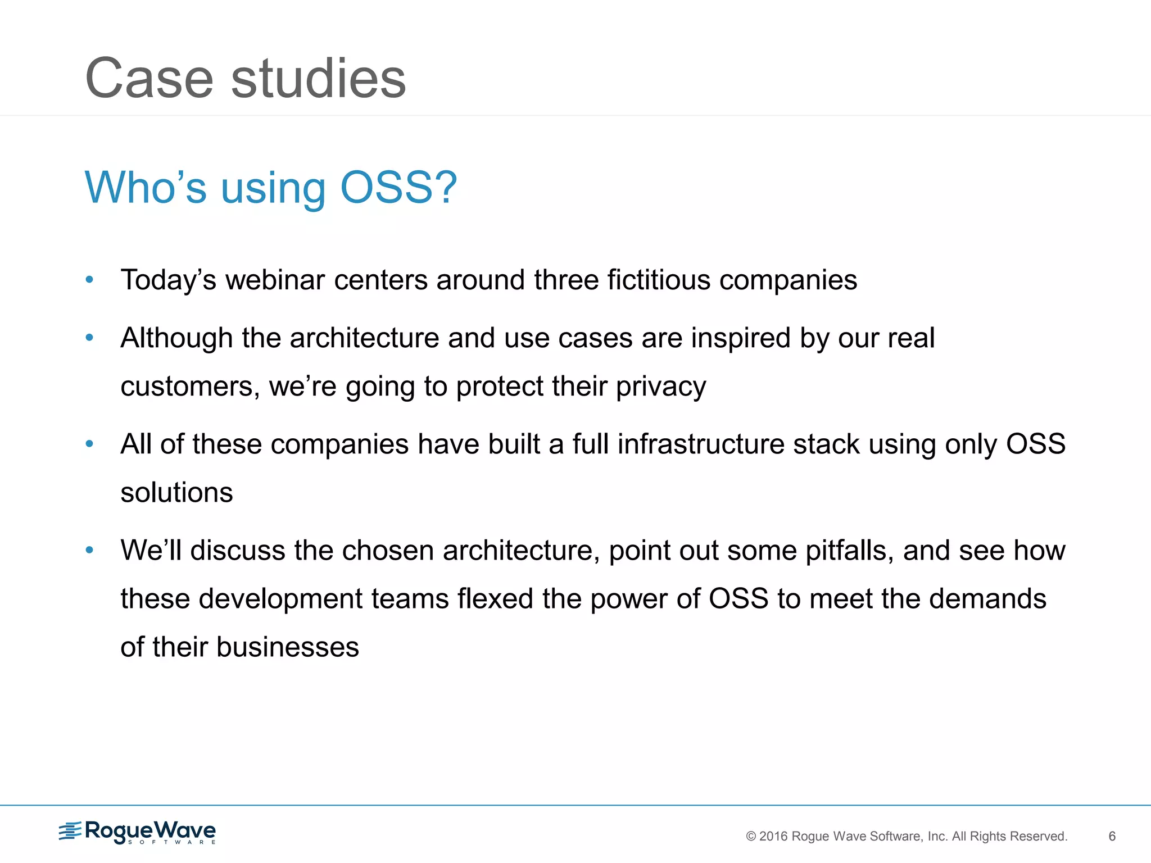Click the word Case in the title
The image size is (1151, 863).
tap(149, 79)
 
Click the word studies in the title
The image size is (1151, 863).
tap(318, 79)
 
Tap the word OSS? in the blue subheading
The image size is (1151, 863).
tap(398, 187)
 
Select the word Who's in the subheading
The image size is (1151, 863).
tap(146, 187)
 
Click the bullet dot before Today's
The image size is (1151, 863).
tap(89, 279)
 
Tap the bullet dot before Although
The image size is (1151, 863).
tap(89, 337)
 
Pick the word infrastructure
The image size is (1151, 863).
tap(701, 444)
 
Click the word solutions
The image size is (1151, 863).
tap(176, 493)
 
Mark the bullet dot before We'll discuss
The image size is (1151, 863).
tap(89, 550)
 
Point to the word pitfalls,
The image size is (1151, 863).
tap(849, 551)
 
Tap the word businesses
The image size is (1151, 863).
tap(287, 647)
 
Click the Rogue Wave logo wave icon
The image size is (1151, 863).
tap(70, 831)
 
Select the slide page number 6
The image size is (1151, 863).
tap(1112, 837)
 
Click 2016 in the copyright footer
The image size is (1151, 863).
tap(773, 837)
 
